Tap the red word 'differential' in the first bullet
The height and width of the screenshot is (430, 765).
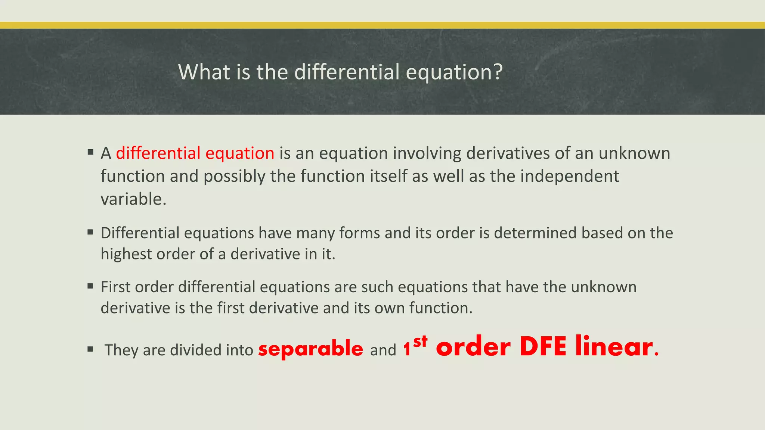pos(158,153)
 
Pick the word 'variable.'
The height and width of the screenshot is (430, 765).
pos(133,199)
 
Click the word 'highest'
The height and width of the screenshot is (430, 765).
pos(126,254)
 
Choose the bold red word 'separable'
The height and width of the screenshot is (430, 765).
pos(310,348)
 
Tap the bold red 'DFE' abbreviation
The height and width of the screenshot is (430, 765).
pos(543,346)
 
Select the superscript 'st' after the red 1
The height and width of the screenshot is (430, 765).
pos(420,340)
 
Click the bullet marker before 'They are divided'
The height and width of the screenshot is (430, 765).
pos(90,349)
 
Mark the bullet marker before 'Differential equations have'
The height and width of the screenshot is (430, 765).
pos(90,232)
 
